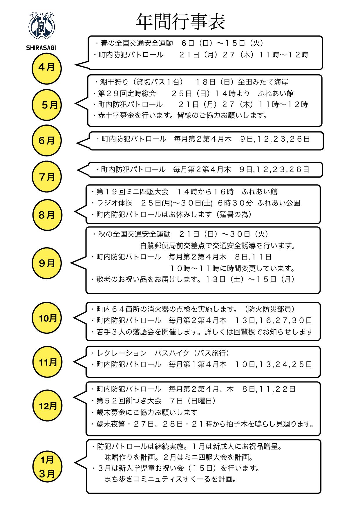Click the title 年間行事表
pos(180,22)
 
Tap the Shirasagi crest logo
pos(43,26)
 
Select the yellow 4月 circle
pos(47,68)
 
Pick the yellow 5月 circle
pos(47,105)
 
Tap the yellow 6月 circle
pos(47,140)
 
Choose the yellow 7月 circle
pos(47,176)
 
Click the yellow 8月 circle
pos(47,215)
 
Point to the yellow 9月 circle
pos(47,263)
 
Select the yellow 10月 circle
pos(47,318)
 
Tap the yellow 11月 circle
pos(47,362)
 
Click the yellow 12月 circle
pos(47,406)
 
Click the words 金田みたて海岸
pos(263,82)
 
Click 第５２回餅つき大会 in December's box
pos(129,401)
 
